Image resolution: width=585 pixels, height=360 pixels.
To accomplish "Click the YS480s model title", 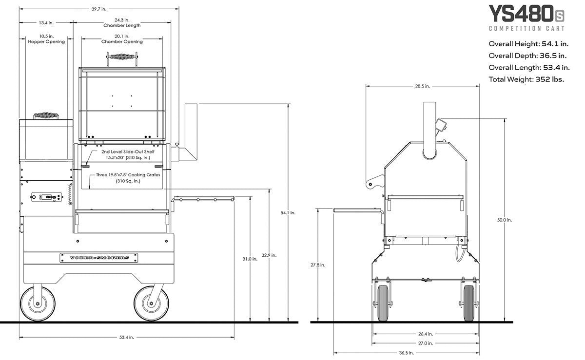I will tap(526, 14).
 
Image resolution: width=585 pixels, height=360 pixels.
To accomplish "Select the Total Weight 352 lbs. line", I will tap(526, 79).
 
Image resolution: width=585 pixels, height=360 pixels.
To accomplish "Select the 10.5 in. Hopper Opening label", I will tap(47, 39).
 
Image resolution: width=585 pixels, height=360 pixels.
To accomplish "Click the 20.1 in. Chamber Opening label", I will tap(122, 39).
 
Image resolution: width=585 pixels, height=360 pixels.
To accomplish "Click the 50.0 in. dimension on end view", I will tap(504, 220).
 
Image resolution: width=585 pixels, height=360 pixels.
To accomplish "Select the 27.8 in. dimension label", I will tap(318, 265).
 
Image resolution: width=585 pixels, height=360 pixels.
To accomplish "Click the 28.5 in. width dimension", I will tap(422, 86).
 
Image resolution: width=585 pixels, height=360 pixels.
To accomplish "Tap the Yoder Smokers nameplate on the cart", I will tap(95, 258).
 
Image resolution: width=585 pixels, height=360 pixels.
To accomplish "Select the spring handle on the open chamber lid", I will tap(122, 57).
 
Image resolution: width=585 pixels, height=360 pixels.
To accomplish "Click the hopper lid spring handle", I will tap(46, 116).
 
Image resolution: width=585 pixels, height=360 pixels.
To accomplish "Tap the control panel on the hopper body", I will tap(46, 197).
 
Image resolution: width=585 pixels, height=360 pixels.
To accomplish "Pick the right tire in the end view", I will tap(468, 303).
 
